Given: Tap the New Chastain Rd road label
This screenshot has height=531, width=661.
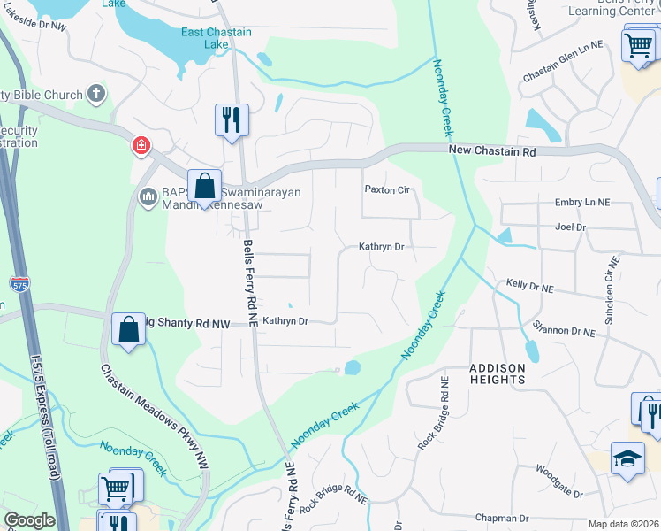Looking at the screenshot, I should click(492, 151).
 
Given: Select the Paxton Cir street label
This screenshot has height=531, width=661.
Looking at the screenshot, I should click(388, 190).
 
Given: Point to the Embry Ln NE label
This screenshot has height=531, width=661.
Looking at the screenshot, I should click(582, 203).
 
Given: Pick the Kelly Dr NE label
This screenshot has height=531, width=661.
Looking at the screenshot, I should click(530, 289).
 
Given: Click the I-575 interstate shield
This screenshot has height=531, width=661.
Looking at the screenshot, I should click(19, 284).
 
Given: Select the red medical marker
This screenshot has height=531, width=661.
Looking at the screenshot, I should click(141, 146).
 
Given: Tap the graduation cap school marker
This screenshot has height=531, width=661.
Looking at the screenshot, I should click(627, 459).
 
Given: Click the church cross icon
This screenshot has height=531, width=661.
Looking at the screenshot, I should click(96, 95).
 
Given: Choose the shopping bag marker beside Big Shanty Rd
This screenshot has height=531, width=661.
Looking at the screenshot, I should click(129, 330).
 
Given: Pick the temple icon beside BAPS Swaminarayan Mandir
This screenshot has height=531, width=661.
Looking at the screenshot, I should click(148, 195).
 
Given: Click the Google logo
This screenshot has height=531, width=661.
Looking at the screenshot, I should click(29, 520).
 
